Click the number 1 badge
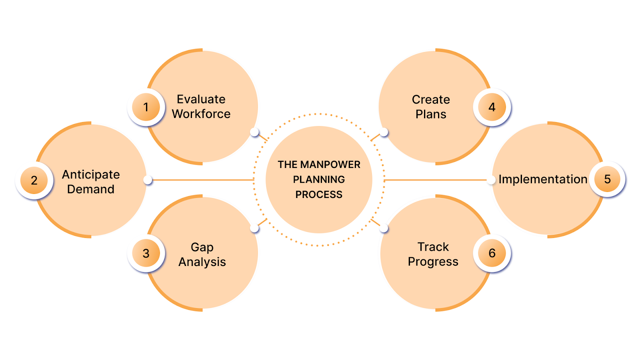(x=146, y=107)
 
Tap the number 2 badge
(x=34, y=180)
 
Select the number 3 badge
(x=146, y=253)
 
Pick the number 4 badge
(x=492, y=107)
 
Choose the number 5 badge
(x=607, y=179)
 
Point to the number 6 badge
(x=492, y=253)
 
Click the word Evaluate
(x=201, y=99)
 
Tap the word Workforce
(x=201, y=114)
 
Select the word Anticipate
(x=91, y=175)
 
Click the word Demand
(x=91, y=189)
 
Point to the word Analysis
(x=202, y=262)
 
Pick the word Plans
(x=431, y=114)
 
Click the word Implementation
(x=543, y=179)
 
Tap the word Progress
(x=433, y=262)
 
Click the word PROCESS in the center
(x=319, y=195)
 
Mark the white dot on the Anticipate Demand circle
(x=148, y=180)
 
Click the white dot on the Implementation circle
(x=491, y=180)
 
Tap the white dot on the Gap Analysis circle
(x=254, y=228)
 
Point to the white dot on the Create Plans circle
(x=384, y=132)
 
